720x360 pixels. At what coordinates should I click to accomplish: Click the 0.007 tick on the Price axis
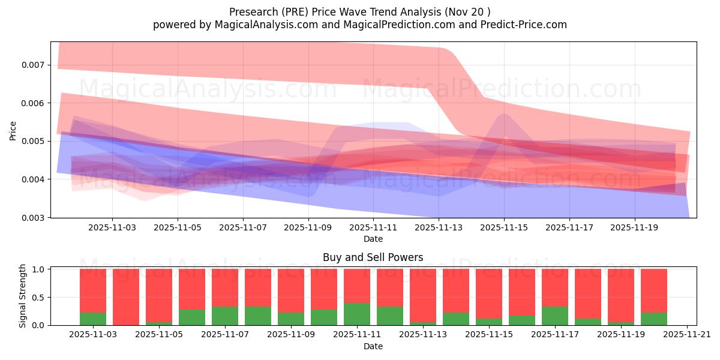34,65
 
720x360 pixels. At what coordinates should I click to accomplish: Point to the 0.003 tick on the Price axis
34,218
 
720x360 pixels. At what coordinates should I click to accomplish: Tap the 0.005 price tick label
34,142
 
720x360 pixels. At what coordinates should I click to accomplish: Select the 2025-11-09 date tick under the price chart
308,228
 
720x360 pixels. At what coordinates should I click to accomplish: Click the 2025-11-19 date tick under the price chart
635,228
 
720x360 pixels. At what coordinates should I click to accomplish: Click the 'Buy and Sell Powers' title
373,257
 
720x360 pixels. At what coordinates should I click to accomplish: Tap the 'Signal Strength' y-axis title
23,296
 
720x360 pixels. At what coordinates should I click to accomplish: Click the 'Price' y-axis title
13,130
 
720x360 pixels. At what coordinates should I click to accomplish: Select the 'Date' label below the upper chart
373,239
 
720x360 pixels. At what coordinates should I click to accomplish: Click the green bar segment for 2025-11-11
357,314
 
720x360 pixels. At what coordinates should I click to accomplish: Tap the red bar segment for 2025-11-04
126,296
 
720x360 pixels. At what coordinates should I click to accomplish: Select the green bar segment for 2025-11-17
555,316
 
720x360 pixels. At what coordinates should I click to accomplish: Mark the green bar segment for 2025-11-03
93,319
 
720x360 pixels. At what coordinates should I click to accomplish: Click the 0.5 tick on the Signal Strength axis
38,298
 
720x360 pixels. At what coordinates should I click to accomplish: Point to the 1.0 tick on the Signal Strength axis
38,269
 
